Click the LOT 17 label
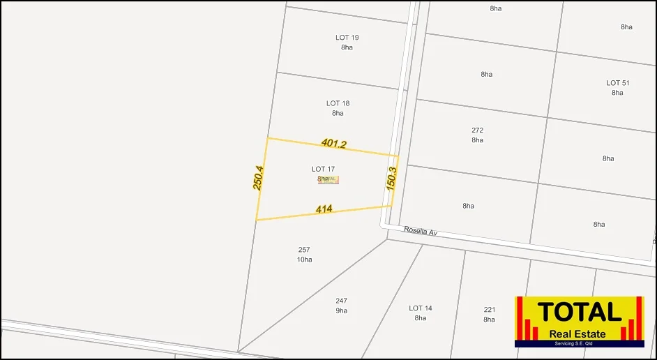(x=323, y=169)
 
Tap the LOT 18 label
(x=338, y=103)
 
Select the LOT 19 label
(x=347, y=38)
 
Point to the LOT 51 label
(x=617, y=83)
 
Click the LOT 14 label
(x=420, y=308)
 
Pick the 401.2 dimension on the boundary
(x=334, y=144)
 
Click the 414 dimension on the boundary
(x=324, y=209)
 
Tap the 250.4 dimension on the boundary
(x=258, y=177)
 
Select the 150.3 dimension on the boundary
(x=391, y=179)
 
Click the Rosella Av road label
(x=421, y=231)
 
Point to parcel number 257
(x=304, y=250)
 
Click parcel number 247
(x=341, y=301)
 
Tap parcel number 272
(x=477, y=130)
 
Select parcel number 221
(x=489, y=310)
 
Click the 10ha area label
(x=304, y=260)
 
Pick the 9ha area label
(x=341, y=311)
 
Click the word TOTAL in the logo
(x=579, y=311)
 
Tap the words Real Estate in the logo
(x=577, y=333)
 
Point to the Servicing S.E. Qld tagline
(x=579, y=343)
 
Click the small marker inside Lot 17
(x=328, y=180)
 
